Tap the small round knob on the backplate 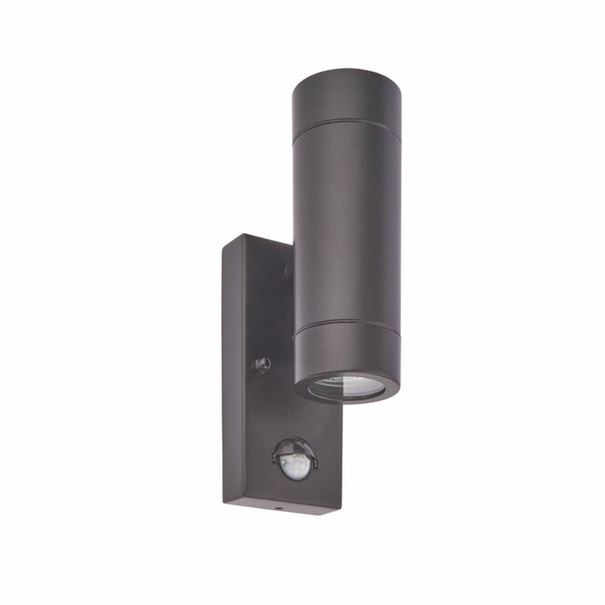click(x=263, y=364)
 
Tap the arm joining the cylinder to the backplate click(x=289, y=270)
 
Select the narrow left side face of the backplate click(x=230, y=372)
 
